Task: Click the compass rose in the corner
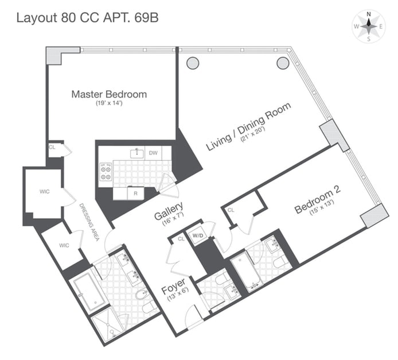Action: click(368, 26)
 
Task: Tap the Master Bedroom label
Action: click(109, 94)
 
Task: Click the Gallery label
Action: click(169, 211)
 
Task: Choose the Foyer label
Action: click(173, 285)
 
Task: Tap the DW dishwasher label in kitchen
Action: click(153, 153)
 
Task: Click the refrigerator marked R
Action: click(136, 193)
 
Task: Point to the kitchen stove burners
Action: click(106, 172)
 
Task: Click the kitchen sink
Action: click(136, 153)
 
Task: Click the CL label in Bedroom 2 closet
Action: click(232, 211)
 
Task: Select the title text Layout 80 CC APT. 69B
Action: click(87, 17)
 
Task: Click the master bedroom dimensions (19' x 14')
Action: click(110, 104)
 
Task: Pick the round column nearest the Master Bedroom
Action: click(192, 63)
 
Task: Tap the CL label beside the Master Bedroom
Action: click(52, 147)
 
